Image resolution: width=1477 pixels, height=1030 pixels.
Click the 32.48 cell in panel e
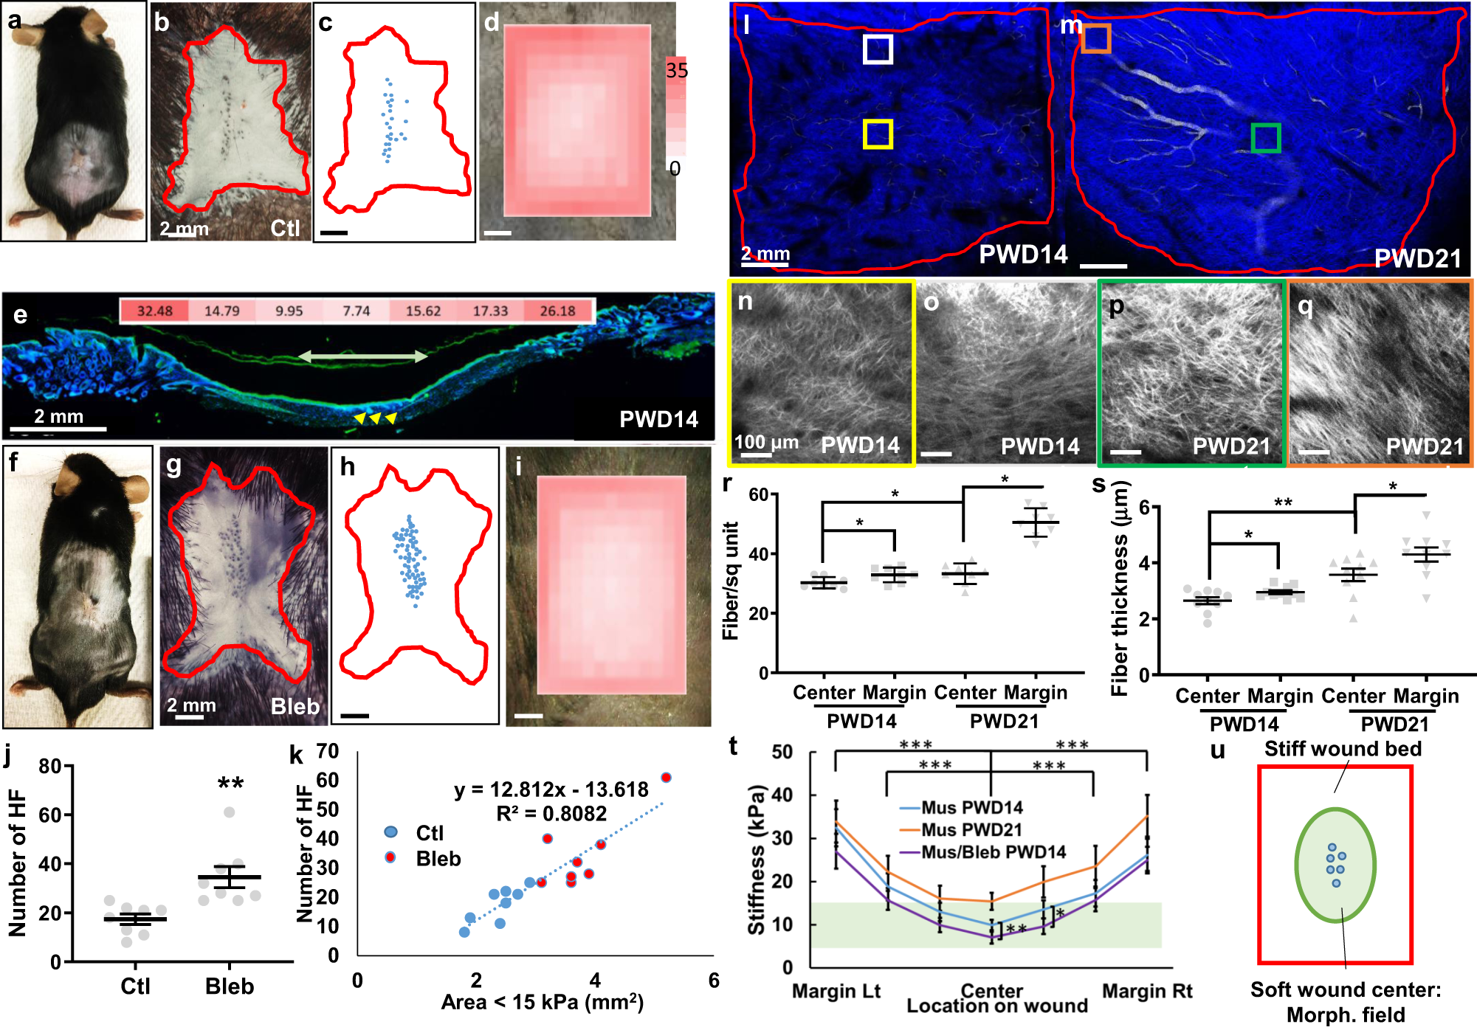point(154,311)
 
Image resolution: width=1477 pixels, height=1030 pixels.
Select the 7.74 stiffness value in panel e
point(356,311)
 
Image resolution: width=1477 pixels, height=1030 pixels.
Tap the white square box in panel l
point(878,49)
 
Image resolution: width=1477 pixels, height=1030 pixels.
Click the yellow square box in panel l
point(878,134)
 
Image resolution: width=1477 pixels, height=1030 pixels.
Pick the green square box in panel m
point(1265,138)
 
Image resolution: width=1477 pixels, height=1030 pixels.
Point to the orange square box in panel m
point(1096,38)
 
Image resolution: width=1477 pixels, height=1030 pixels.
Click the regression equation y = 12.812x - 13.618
point(551,789)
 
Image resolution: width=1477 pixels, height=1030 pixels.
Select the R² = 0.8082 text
point(551,814)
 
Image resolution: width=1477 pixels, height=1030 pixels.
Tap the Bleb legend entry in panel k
point(437,859)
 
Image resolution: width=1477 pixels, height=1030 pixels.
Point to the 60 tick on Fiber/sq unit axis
point(759,495)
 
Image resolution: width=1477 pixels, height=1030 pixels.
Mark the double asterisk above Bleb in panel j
point(230,784)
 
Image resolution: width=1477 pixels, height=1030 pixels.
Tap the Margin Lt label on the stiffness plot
point(836,991)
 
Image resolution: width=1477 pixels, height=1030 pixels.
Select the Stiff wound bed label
point(1342,749)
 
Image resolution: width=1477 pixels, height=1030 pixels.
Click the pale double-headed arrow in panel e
point(362,357)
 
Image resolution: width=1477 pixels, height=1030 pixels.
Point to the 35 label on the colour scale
point(676,71)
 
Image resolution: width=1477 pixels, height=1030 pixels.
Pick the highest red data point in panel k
point(666,778)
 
